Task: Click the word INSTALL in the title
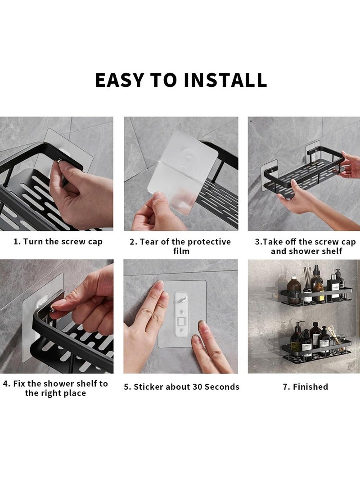225,79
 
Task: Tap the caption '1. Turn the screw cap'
58,242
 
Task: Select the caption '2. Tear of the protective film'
180,246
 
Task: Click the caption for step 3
305,246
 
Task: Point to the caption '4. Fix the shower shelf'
56,388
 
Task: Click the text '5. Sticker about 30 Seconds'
181,387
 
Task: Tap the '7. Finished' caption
305,387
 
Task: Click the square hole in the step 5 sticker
182,322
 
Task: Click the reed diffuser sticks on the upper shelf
307,275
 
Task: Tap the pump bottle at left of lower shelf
295,338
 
